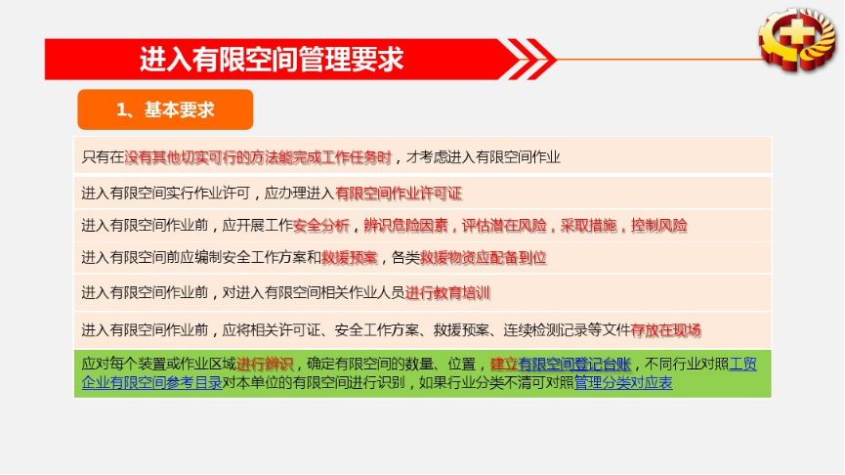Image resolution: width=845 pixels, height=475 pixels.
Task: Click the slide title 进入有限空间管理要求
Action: pos(272,59)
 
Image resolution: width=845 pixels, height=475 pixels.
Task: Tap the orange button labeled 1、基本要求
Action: pos(165,109)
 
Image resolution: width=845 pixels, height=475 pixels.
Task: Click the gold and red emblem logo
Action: pos(797,39)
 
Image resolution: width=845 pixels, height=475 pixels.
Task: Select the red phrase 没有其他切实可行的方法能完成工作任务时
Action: pos(258,157)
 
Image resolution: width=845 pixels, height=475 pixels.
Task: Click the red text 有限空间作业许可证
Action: pos(399,193)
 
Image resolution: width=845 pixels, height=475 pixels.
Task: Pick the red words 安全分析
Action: pos(321,226)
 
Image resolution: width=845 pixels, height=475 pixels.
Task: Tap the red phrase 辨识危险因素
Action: pos(405,226)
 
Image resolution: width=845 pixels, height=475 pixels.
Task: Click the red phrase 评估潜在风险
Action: pos(504,226)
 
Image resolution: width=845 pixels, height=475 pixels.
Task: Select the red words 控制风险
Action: pos(659,226)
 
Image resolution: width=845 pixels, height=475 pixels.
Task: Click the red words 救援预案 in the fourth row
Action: pos(349,258)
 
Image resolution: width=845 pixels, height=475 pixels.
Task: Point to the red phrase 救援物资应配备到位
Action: pos(483,258)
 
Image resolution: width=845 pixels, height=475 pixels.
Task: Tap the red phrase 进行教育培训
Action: pos(447,293)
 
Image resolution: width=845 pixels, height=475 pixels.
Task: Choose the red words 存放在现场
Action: pos(665,330)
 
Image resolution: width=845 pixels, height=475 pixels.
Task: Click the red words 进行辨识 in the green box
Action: pos(265,365)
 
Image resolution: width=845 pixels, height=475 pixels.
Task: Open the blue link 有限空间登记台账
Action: pos(574,365)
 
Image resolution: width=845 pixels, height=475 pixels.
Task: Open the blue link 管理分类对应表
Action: pos(623,383)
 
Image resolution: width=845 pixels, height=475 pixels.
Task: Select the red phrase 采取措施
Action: pos(588,226)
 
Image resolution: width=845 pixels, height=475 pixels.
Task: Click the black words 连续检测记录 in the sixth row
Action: pos(545,330)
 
